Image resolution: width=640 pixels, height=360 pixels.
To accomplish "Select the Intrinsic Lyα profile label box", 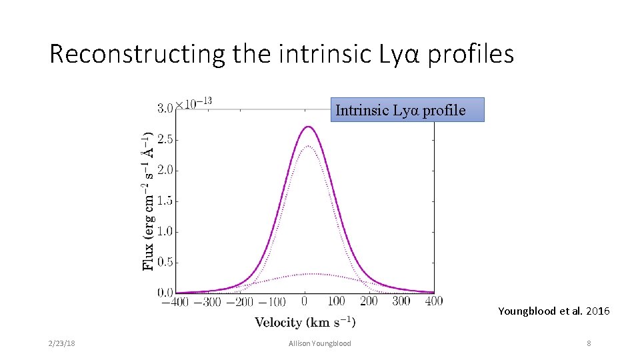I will (407, 110).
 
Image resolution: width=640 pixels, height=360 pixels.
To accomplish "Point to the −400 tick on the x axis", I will (175, 301).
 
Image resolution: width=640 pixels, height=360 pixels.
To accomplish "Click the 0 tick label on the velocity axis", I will (305, 301).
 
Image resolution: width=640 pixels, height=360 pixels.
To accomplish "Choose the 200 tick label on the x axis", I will (369, 301).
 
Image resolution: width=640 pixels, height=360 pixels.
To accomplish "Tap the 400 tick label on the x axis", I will (433, 301).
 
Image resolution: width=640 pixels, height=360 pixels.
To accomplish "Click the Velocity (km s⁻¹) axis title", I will (305, 323).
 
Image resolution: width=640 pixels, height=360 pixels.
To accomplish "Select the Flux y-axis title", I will (148, 200).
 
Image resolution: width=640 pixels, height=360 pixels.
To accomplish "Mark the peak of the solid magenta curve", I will (307, 126).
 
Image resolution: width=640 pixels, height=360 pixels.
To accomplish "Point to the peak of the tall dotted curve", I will (308, 146).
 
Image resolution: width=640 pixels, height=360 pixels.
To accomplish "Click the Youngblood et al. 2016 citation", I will (553, 311).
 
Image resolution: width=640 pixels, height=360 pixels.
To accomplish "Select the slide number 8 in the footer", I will (589, 343).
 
